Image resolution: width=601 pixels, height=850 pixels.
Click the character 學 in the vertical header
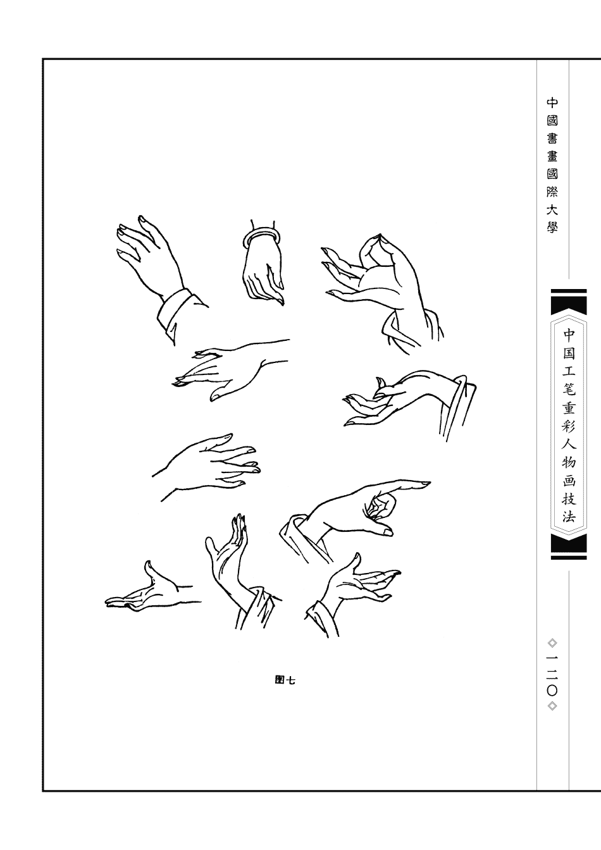pyautogui.click(x=552, y=228)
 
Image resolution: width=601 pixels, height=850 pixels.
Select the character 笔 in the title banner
pyautogui.click(x=569, y=390)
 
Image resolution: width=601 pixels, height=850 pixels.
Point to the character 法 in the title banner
pyautogui.click(x=569, y=517)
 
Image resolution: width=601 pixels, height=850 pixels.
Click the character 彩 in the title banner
pyautogui.click(x=569, y=426)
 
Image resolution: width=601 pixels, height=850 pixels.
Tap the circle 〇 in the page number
pyautogui.click(x=552, y=691)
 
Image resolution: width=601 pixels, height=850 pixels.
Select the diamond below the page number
pyautogui.click(x=552, y=706)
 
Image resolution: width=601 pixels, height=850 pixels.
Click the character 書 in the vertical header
pyautogui.click(x=552, y=139)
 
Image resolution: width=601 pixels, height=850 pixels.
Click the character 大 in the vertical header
pyautogui.click(x=552, y=210)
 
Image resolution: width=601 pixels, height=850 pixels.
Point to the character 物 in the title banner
pyautogui.click(x=569, y=462)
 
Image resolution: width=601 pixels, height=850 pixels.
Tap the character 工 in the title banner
pyautogui.click(x=569, y=371)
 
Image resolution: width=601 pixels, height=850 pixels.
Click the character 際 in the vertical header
pyautogui.click(x=552, y=192)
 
